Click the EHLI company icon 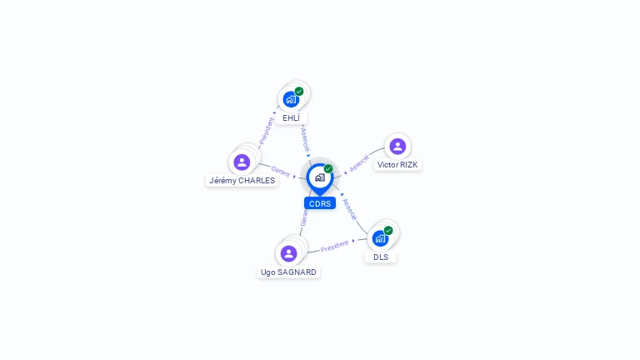point(290,99)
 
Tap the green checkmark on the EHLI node point(299,91)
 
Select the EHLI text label point(291,118)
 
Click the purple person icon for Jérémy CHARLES point(242,162)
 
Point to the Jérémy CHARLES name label point(242,180)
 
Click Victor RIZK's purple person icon point(397,147)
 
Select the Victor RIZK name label point(397,165)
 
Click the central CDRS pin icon point(319,177)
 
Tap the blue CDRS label point(320,203)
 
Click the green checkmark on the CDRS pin point(328,168)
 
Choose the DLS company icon point(380,238)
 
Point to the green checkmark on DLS point(388,230)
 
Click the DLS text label point(381,257)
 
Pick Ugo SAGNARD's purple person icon point(289,253)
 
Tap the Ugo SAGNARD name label point(288,272)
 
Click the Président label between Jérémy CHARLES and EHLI point(267,131)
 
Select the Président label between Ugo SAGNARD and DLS point(335,245)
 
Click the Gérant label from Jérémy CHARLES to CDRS point(281,171)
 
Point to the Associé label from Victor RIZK point(359,162)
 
